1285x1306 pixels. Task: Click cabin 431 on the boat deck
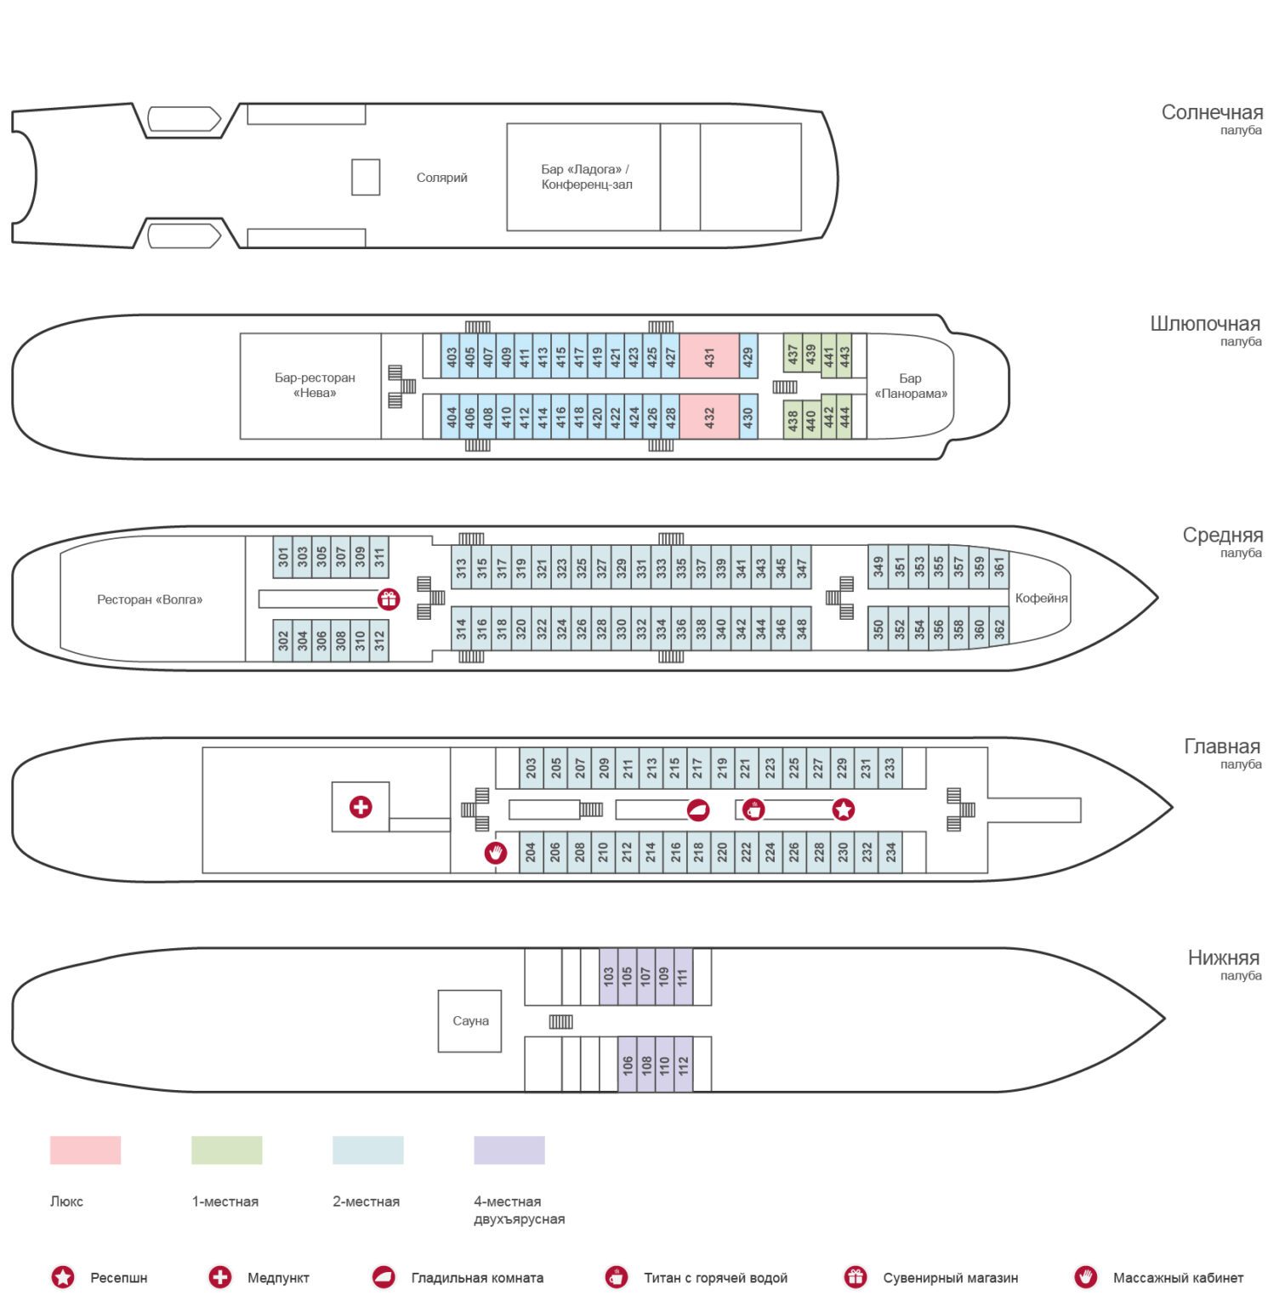(x=709, y=355)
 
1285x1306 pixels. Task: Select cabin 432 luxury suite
(x=709, y=417)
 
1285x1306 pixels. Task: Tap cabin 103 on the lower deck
(x=608, y=976)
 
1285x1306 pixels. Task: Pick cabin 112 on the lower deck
(x=683, y=1065)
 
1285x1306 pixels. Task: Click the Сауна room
(x=470, y=1021)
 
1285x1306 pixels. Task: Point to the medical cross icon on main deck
(x=361, y=807)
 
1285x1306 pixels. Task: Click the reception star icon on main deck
(x=843, y=809)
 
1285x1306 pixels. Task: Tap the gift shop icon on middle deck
(x=389, y=599)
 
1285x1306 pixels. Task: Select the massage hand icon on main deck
(x=495, y=852)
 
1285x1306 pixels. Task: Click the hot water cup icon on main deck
(x=753, y=809)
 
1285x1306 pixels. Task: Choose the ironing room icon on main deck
(x=698, y=809)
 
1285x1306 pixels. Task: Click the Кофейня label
(x=1041, y=599)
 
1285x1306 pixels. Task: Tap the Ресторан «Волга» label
(x=150, y=599)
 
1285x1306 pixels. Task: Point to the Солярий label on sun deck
(x=441, y=178)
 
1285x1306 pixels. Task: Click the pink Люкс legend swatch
(x=85, y=1150)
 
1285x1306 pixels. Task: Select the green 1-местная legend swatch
(x=226, y=1150)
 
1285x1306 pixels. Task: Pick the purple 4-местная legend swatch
(x=509, y=1150)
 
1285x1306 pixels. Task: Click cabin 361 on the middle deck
(x=999, y=565)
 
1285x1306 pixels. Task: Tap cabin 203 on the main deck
(x=531, y=769)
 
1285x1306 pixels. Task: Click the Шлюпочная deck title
(x=1204, y=324)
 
